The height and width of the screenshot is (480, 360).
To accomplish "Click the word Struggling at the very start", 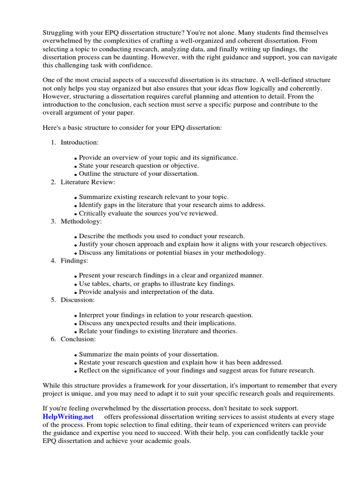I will pyautogui.click(x=59, y=32).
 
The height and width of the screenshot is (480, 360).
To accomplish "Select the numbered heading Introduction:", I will pyautogui.click(x=80, y=142).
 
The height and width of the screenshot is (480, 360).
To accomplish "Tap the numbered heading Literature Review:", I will pyautogui.click(x=88, y=182).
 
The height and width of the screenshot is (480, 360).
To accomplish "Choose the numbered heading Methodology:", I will pyautogui.click(x=81, y=221).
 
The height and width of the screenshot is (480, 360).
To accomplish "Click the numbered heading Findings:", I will pyautogui.click(x=74, y=261).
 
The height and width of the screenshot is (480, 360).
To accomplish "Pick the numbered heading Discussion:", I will pyautogui.click(x=77, y=300).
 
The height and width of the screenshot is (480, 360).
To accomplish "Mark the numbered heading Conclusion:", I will pyautogui.click(x=78, y=339).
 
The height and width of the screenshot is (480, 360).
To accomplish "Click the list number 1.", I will pyautogui.click(x=53, y=142).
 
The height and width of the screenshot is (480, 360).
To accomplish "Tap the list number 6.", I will pyautogui.click(x=53, y=339).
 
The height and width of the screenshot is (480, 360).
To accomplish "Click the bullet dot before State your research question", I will pyautogui.click(x=76, y=166).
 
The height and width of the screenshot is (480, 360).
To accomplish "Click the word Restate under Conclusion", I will pyautogui.click(x=90, y=362).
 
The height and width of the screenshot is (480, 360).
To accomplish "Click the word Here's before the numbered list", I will pyautogui.click(x=52, y=127).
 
